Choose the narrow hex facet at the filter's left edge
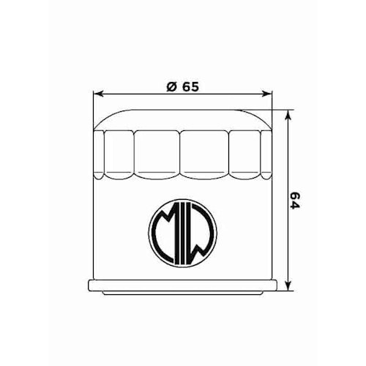pyautogui.click(x=101, y=154)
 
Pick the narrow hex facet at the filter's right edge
pyautogui.click(x=265, y=154)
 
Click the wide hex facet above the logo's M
pyautogui.click(x=157, y=154)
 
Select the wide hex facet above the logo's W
pyautogui.click(x=206, y=154)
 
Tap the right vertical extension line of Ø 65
pyautogui.click(x=272, y=117)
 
